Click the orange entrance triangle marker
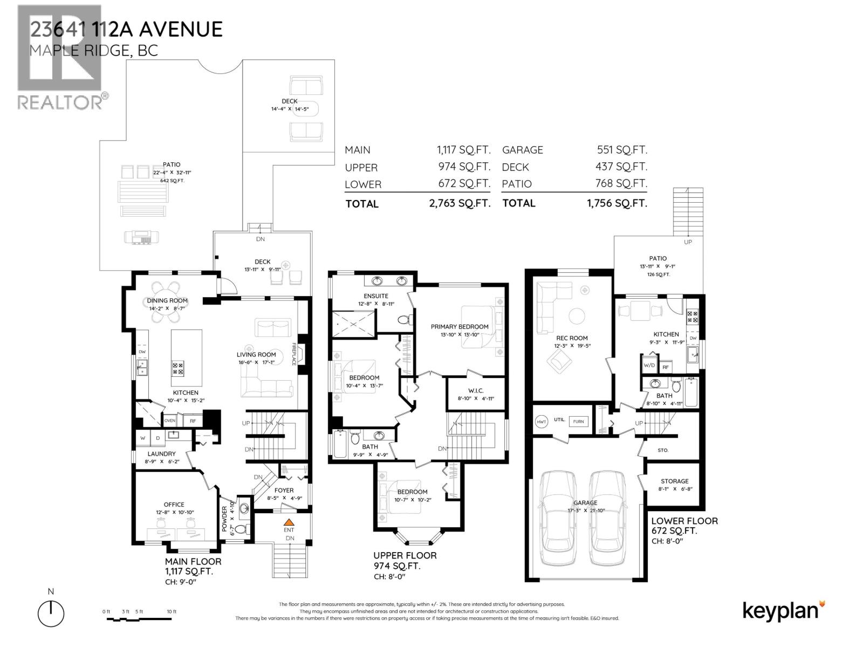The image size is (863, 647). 289,522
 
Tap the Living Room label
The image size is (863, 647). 256,354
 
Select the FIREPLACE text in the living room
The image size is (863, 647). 294,354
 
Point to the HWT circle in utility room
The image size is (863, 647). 541,422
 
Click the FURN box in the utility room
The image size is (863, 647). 578,422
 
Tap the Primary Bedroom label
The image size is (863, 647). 460,326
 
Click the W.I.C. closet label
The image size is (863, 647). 476,390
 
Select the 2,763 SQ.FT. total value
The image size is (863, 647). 457,203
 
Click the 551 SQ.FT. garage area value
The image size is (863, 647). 622,150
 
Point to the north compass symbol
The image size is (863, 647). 51,612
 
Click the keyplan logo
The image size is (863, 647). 784,611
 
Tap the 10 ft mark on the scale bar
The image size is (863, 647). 172,611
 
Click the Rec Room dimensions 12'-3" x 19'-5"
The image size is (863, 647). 571,346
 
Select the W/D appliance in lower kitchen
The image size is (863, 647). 649,364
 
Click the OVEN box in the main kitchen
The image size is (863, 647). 170,421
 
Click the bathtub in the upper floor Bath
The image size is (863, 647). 340,444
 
